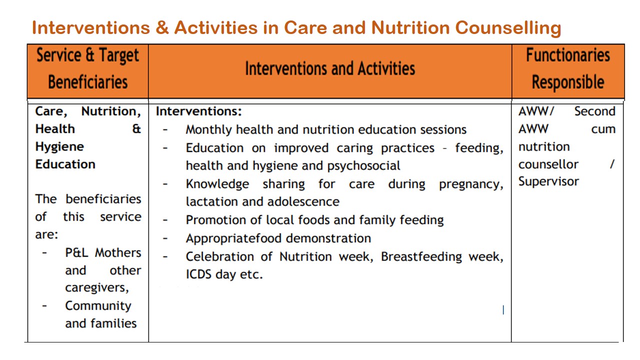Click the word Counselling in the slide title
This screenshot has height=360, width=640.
tap(507, 28)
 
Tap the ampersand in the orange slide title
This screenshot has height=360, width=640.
tap(161, 28)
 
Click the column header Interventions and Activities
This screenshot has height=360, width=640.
tap(329, 69)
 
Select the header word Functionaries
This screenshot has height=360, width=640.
tap(567, 55)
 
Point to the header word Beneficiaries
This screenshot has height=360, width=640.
tap(87, 82)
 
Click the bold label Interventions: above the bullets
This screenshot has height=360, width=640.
tap(198, 111)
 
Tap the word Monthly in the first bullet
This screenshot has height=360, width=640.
tap(209, 130)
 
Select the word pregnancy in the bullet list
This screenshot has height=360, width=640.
tap(469, 184)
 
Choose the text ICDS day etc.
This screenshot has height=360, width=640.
tap(224, 274)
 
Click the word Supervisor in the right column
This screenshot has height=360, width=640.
tap(548, 181)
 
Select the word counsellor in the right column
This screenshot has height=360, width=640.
tap(548, 164)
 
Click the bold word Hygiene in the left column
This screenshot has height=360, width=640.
tap(59, 147)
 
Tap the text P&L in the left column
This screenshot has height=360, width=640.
tap(78, 253)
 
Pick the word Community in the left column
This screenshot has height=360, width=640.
tap(98, 305)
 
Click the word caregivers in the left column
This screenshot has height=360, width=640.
tap(96, 288)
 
